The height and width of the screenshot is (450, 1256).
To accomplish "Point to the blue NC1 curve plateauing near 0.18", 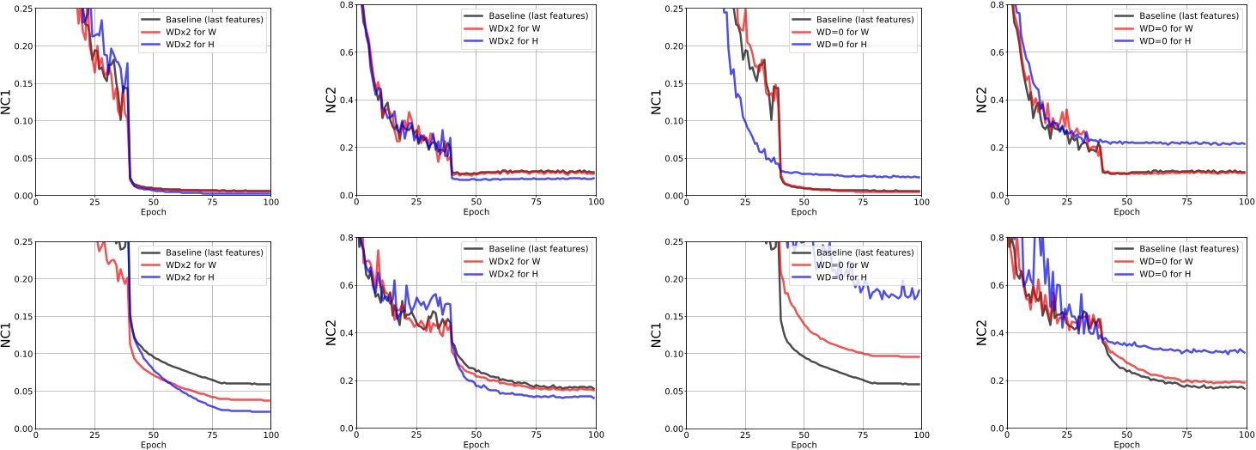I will click(893, 294).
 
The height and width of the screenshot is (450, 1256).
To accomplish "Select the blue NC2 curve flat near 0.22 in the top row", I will click(1185, 143).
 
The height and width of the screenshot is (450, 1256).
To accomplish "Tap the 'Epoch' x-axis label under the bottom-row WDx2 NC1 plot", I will click(152, 445).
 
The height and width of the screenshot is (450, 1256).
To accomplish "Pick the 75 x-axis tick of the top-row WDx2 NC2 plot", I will click(535, 203).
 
